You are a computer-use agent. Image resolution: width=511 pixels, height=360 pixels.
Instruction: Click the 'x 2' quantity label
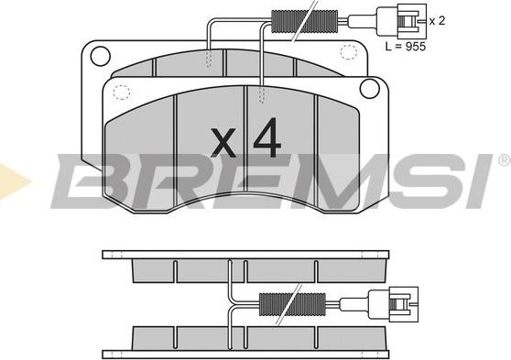pyautogui.click(x=437, y=21)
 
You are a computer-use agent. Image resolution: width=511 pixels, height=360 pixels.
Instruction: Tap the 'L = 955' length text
pyautogui.click(x=406, y=47)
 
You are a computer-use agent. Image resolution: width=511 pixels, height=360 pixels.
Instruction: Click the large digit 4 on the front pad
pyautogui.click(x=267, y=137)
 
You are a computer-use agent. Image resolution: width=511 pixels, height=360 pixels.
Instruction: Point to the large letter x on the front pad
pyautogui.click(x=223, y=143)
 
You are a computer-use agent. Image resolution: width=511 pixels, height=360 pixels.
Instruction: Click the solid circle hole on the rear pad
pyautogui.click(x=100, y=56)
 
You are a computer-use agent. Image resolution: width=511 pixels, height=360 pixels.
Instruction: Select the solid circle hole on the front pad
pyautogui.click(x=370, y=88)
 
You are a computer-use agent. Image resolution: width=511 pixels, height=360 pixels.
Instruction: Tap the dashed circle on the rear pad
pyautogui.click(x=348, y=52)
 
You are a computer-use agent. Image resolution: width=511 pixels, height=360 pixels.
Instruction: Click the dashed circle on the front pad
pyautogui.click(x=122, y=92)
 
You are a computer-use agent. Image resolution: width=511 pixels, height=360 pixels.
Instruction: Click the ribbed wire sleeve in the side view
pyautogui.click(x=292, y=304)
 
